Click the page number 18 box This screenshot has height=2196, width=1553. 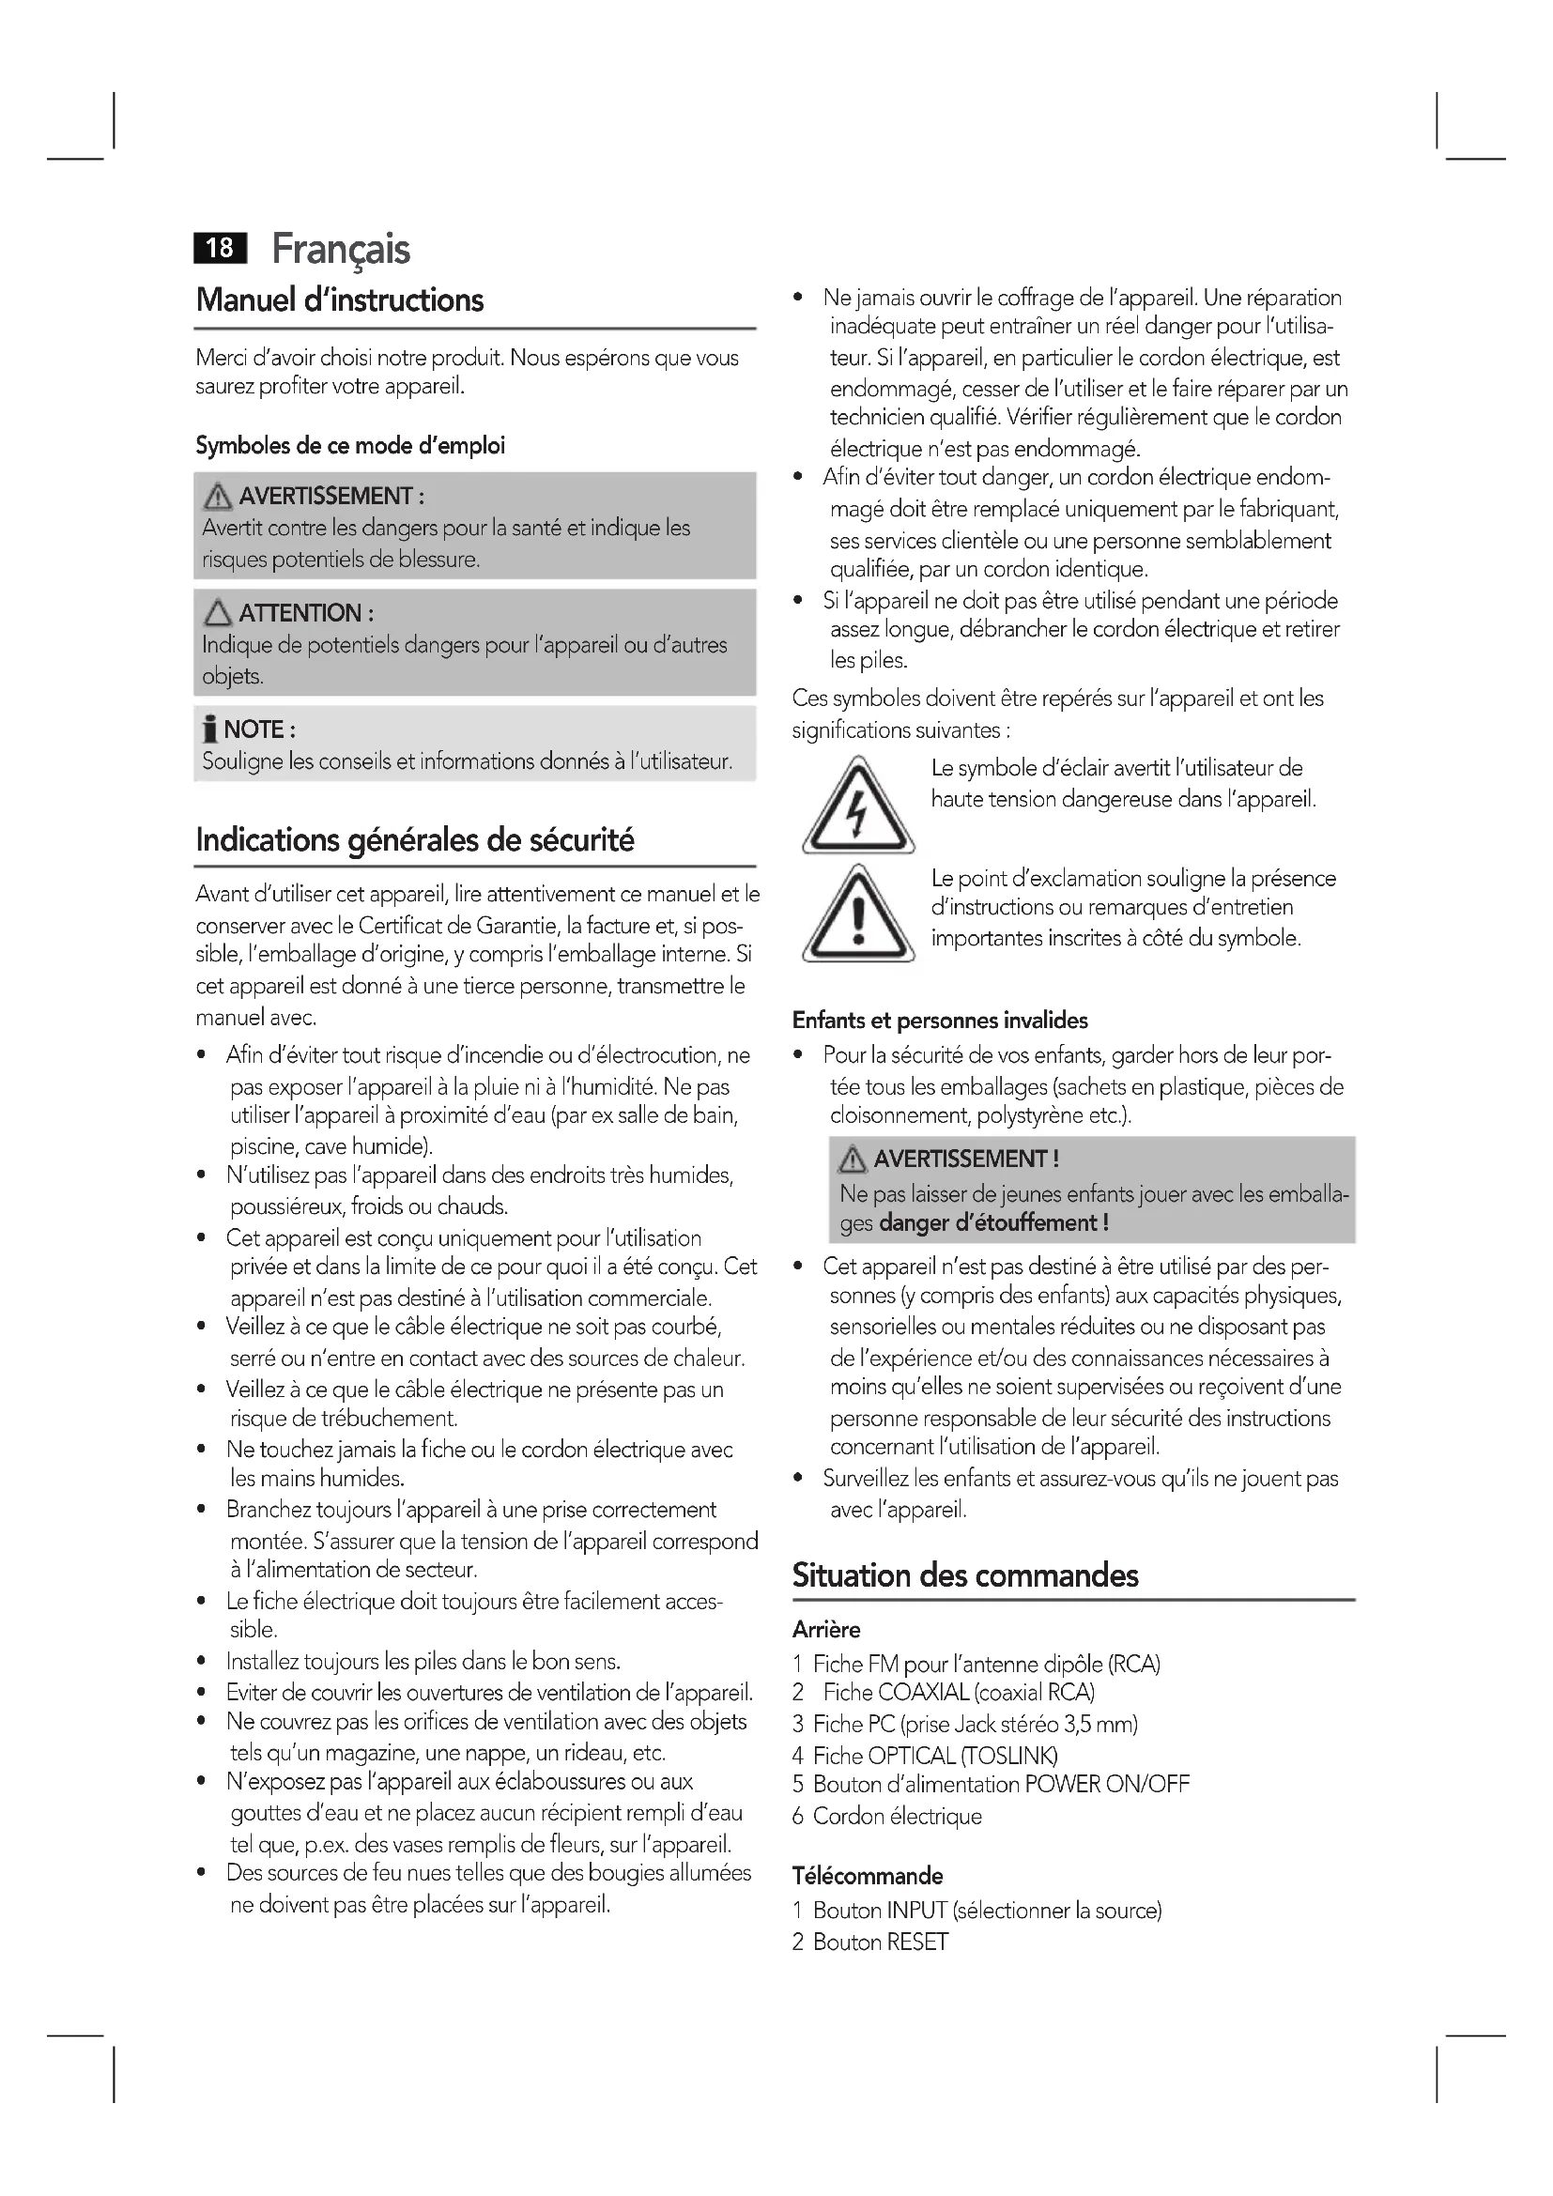pyautogui.click(x=220, y=248)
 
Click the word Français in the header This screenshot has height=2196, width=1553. pyautogui.click(x=341, y=250)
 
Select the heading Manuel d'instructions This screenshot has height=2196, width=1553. pyautogui.click(x=340, y=300)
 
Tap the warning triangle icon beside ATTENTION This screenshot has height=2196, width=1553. pyautogui.click(x=218, y=612)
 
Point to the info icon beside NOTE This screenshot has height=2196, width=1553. pyautogui.click(x=209, y=729)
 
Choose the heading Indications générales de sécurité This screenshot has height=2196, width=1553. pyautogui.click(x=414, y=839)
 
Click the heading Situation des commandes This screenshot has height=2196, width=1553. pyautogui.click(x=965, y=1575)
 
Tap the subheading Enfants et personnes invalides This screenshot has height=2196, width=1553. pyautogui.click(x=939, y=1021)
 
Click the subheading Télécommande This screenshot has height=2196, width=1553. pyautogui.click(x=867, y=1876)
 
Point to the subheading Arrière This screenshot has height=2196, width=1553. pyautogui.click(x=826, y=1630)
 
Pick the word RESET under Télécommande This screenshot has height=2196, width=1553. pyautogui.click(x=917, y=1942)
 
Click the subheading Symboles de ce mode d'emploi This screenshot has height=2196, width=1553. pyautogui.click(x=350, y=446)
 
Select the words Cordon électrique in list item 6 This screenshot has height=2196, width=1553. pyautogui.click(x=897, y=1817)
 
